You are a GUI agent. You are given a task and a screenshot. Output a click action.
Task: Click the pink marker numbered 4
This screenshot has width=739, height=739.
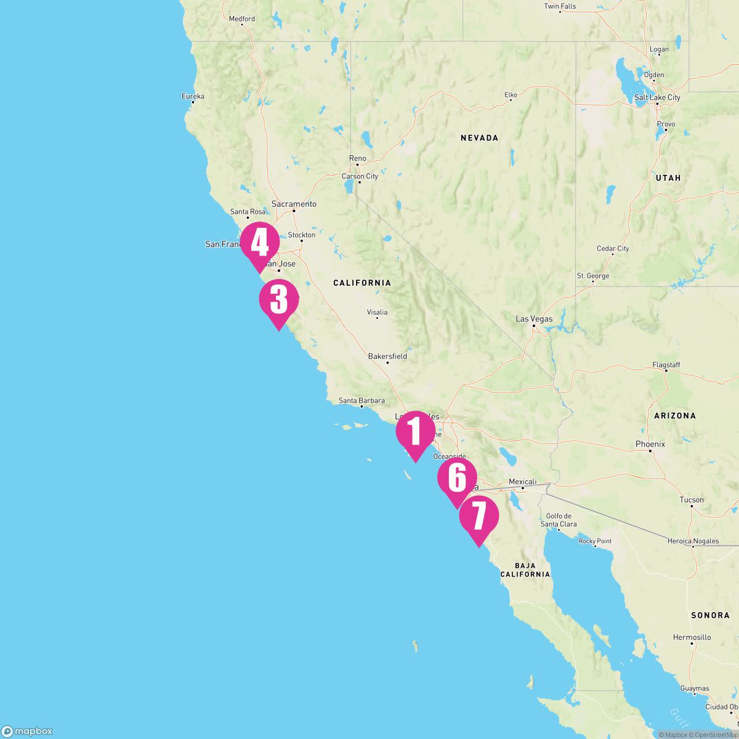[x=259, y=243]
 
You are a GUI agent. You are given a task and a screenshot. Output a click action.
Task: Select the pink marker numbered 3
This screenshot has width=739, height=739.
[x=279, y=300]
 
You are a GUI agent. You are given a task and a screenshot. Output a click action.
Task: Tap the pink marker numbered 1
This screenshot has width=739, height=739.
[x=415, y=432]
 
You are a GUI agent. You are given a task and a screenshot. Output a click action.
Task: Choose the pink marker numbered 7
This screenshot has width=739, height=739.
[x=479, y=517]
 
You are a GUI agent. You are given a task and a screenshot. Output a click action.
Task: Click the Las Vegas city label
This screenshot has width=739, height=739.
[x=534, y=319]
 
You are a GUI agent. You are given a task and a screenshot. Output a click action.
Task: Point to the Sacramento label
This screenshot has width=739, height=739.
[x=294, y=204]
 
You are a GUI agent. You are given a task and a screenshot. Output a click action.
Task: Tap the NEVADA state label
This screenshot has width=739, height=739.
[x=479, y=138]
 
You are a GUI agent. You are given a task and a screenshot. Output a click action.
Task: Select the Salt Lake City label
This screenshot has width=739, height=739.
[x=657, y=97]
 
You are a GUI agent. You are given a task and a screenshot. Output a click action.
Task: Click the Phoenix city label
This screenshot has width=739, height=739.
[x=650, y=444]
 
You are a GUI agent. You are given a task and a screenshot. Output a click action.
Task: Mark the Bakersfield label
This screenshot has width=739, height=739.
[x=387, y=356]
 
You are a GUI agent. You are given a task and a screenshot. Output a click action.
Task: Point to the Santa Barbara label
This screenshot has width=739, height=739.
[x=361, y=401]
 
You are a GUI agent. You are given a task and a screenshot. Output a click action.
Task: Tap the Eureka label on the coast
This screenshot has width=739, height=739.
[x=193, y=96]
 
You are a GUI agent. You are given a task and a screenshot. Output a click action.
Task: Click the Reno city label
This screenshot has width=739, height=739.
[x=357, y=158]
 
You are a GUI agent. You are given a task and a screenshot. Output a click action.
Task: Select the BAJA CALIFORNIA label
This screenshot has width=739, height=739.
[x=525, y=570]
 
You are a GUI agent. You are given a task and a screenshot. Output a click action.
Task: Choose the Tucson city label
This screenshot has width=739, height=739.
[x=692, y=500]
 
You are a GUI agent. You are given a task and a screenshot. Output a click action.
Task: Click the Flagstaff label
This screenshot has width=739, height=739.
[x=666, y=365]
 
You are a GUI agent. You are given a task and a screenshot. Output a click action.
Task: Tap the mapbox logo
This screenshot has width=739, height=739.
[x=27, y=731]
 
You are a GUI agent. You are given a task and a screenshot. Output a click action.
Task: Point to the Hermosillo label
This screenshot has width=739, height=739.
[x=692, y=637]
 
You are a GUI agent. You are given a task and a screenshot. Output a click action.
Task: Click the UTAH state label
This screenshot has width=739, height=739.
[x=668, y=177]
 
